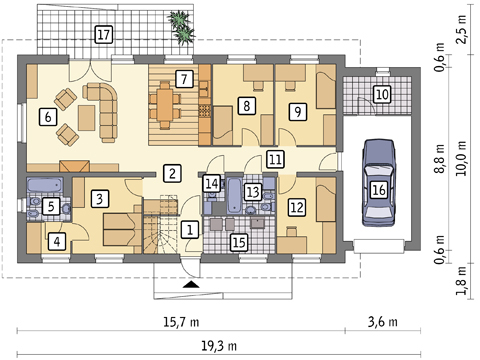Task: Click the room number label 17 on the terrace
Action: coord(104,34)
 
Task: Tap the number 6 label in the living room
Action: coord(48,117)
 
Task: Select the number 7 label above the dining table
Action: coord(184,79)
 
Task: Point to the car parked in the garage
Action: coord(379,183)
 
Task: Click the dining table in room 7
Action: coord(165,104)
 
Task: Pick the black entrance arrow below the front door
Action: coord(192,284)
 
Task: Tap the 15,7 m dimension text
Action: coord(181,322)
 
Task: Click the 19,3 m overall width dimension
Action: coord(219,346)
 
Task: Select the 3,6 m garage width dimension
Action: coord(383,322)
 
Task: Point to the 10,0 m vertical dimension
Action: coord(462,159)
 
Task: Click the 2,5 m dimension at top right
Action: coord(462,29)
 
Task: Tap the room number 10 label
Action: coord(382,94)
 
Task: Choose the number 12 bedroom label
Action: coord(297,207)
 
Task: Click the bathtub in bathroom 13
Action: coord(234,195)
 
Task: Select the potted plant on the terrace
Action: coord(182,27)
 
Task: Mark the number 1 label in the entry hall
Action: coord(190,230)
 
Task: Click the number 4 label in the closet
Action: coord(57,241)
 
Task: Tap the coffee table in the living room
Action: coord(87,117)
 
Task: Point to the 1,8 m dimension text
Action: coord(462,280)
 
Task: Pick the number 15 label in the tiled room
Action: coord(240,242)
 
